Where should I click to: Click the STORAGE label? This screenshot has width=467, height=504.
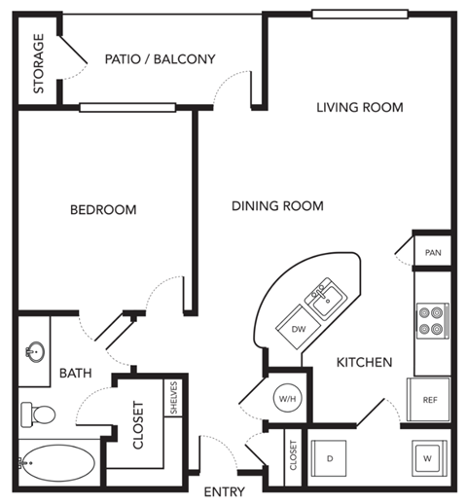click(39, 63)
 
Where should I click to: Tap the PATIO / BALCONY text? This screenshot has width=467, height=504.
click(160, 58)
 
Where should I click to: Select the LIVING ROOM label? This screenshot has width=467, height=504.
click(359, 107)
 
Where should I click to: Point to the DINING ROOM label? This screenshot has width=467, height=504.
click(277, 206)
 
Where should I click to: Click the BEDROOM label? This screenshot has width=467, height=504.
click(102, 209)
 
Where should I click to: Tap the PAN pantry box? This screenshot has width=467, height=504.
click(433, 253)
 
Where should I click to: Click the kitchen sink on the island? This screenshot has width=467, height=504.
click(326, 295)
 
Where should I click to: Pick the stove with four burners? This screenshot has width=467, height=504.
click(431, 320)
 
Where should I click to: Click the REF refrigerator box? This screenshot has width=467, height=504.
click(429, 400)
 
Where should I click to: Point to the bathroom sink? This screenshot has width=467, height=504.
click(37, 349)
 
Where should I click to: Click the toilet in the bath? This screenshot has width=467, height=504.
click(39, 414)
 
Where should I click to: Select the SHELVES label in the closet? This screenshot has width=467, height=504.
click(174, 398)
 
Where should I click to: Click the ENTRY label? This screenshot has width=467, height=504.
click(224, 492)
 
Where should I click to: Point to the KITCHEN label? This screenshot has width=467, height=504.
click(364, 362)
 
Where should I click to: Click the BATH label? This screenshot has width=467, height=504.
click(75, 373)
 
